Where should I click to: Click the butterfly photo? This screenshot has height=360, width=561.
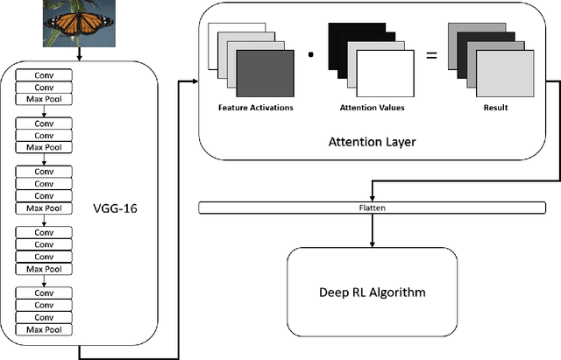(79, 23)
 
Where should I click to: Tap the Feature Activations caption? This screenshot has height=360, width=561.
(255, 108)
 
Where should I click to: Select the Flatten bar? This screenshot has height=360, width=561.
(376, 208)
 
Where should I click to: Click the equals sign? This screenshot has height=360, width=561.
(430, 57)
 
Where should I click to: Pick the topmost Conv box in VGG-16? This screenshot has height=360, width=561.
(43, 75)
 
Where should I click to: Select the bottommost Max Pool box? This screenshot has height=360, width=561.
(43, 329)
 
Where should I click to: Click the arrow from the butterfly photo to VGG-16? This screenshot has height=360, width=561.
(79, 53)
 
